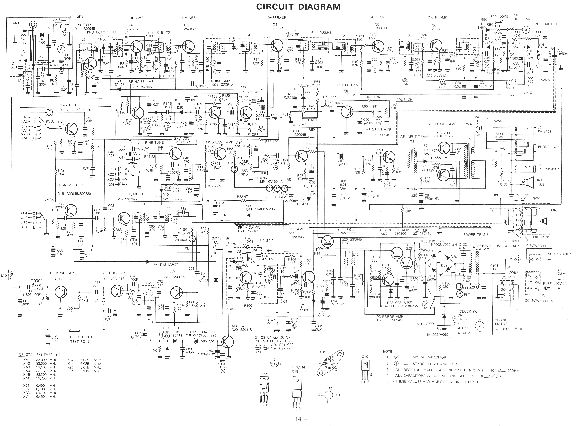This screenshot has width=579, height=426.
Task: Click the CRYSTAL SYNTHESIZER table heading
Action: click(x=40, y=355)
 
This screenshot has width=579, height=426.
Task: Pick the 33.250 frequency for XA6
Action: click(x=41, y=378)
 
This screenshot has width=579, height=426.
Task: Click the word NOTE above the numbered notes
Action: click(x=388, y=351)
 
